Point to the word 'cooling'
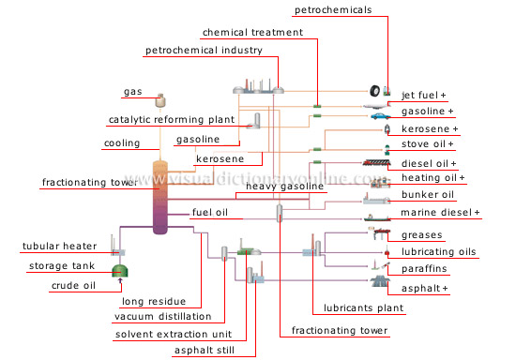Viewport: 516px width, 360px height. point(121,143)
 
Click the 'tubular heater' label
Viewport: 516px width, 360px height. point(59,247)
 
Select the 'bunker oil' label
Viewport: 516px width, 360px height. point(427,195)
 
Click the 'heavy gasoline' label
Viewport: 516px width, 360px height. point(284,187)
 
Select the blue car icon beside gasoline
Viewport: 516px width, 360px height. point(377,111)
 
